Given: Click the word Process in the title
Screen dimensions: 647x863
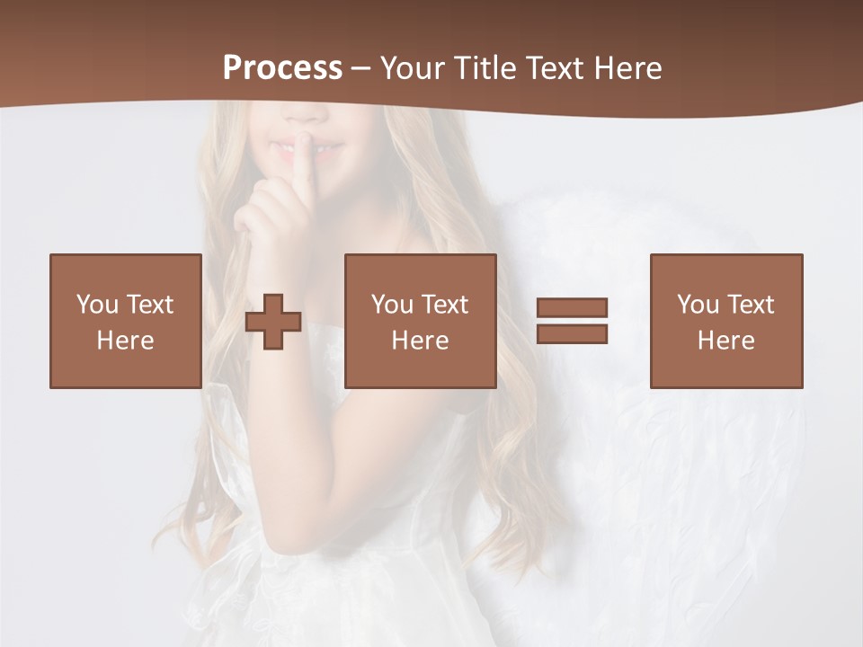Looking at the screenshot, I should pyautogui.click(x=282, y=68).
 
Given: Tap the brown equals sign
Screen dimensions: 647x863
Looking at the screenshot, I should pyautogui.click(x=572, y=321).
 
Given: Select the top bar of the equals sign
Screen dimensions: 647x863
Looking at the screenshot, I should pyautogui.click(x=572, y=307).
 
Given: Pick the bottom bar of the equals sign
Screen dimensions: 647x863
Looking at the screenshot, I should pyautogui.click(x=572, y=334).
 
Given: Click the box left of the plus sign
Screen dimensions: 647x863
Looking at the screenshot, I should pyautogui.click(x=125, y=321).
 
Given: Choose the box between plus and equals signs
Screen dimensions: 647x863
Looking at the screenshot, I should pyautogui.click(x=420, y=321).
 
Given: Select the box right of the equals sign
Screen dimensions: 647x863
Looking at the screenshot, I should pyautogui.click(x=725, y=321).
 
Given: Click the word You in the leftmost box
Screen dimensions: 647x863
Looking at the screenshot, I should pyautogui.click(x=97, y=305).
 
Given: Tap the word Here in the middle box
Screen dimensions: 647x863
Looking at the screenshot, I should pyautogui.click(x=420, y=341).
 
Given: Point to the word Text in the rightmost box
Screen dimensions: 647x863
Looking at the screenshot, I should pyautogui.click(x=751, y=305).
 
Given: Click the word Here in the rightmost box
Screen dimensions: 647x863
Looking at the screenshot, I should pyautogui.click(x=725, y=341).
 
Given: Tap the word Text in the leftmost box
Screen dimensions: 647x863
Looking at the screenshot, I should pyautogui.click(x=149, y=305).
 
